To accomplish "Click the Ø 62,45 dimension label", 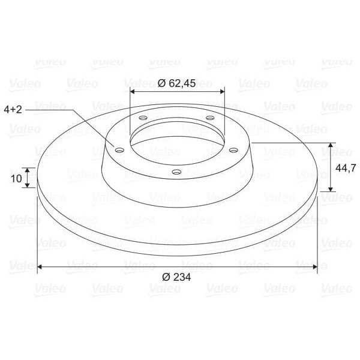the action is pyautogui.click(x=176, y=83).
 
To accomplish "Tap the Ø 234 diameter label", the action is pyautogui.click(x=176, y=277).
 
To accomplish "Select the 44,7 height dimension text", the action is pyautogui.click(x=346, y=168).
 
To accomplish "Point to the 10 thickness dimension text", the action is pyautogui.click(x=16, y=178).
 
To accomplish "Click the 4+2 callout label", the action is pyautogui.click(x=13, y=110).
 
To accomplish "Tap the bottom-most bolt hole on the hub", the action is pyautogui.click(x=176, y=172).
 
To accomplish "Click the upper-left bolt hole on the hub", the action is pyautogui.click(x=143, y=118).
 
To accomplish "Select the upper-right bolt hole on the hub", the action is pyautogui.click(x=210, y=118).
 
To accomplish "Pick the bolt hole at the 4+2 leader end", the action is pyautogui.click(x=119, y=151).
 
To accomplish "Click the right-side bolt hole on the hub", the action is pyautogui.click(x=233, y=150).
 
